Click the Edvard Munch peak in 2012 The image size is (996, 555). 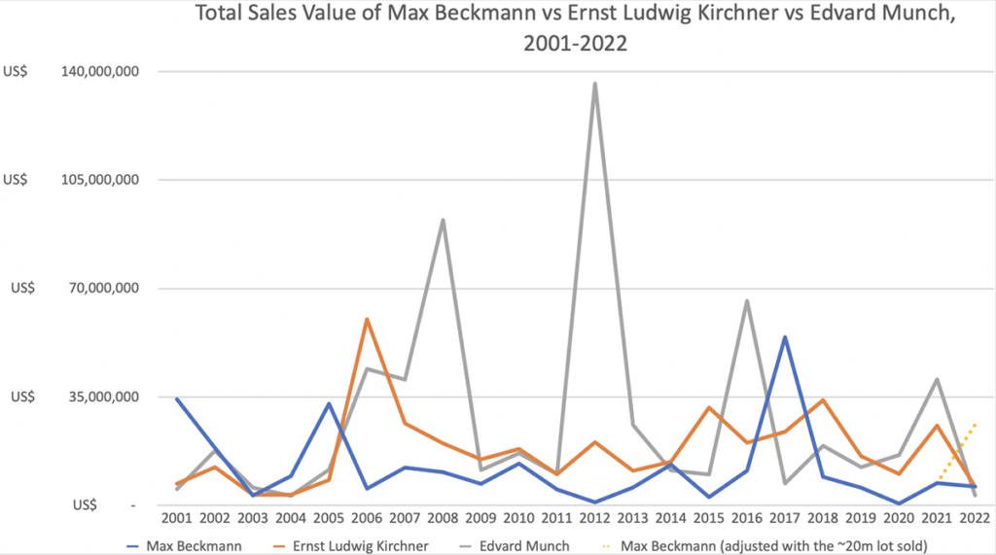tap(594, 84)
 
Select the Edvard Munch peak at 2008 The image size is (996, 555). tap(443, 220)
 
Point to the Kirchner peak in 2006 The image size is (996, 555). tap(367, 319)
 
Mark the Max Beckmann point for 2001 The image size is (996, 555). tap(177, 399)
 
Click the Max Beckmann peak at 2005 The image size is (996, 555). tap(329, 403)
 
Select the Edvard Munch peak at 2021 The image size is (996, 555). tap(936, 379)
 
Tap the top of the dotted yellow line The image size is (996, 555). tap(974, 425)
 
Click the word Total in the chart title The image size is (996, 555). tap(221, 15)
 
